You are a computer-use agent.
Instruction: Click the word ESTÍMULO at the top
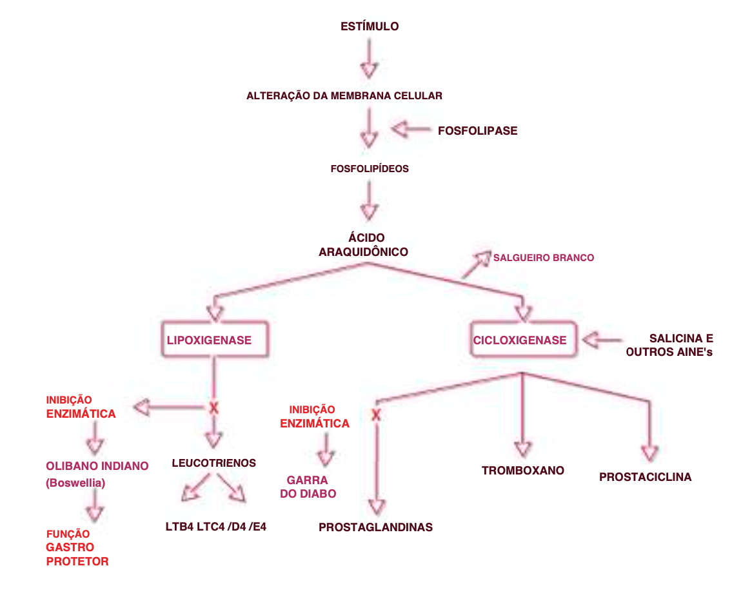tap(370, 26)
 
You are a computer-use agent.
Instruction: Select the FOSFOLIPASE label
tap(477, 131)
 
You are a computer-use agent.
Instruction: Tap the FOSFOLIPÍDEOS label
tap(370, 169)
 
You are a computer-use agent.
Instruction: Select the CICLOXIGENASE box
tap(520, 340)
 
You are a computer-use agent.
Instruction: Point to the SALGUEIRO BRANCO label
tap(544, 258)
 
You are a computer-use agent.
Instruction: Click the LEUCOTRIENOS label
tap(214, 463)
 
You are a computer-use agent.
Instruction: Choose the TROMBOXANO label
tap(523, 471)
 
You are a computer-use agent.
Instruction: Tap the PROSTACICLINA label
tap(645, 477)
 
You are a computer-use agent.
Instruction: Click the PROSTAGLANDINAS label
tap(375, 527)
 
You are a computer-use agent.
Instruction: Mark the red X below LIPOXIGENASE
tap(214, 407)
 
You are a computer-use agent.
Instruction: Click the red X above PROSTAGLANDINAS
tap(377, 415)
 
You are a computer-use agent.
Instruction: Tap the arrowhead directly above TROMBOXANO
tap(522, 449)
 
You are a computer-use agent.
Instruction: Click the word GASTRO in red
tap(70, 547)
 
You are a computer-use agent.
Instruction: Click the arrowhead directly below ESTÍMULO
tap(368, 70)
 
